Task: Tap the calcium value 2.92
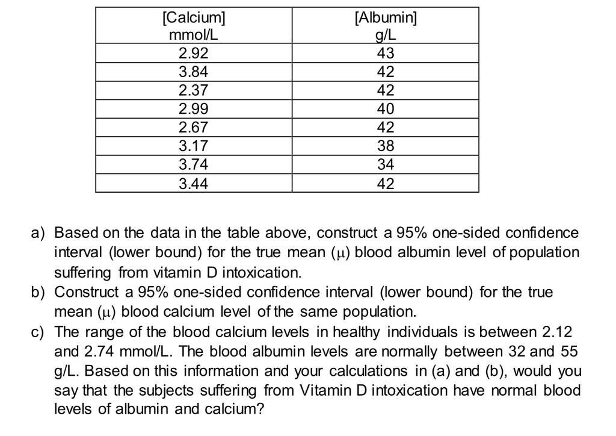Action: coord(194,53)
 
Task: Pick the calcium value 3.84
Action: coord(194,72)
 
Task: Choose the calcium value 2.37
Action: coord(194,90)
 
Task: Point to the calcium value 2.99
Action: coord(194,109)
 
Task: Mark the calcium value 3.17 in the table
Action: coord(194,146)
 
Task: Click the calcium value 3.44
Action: coord(194,183)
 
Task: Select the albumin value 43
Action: coord(386,53)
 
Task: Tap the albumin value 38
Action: coord(386,146)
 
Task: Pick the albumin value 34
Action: coord(386,164)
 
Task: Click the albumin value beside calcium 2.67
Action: coord(386,128)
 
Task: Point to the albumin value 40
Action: coord(386,109)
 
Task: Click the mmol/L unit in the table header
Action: coord(194,34)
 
